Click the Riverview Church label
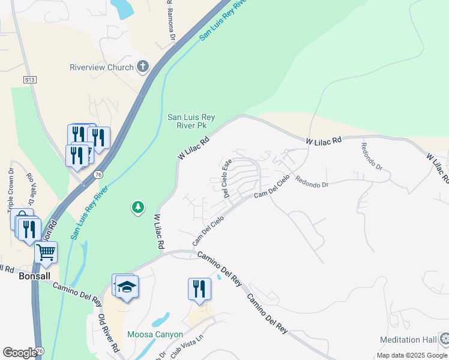tap(101, 67)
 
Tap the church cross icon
tap(143, 67)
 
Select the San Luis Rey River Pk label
tap(191, 122)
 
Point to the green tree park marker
tap(138, 208)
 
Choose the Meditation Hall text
tap(408, 340)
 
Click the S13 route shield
tap(30, 79)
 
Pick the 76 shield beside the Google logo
tap(40, 351)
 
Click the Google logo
tap(19, 352)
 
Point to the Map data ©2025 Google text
tap(412, 355)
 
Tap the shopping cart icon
tap(46, 253)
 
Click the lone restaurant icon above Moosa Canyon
tap(199, 289)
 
